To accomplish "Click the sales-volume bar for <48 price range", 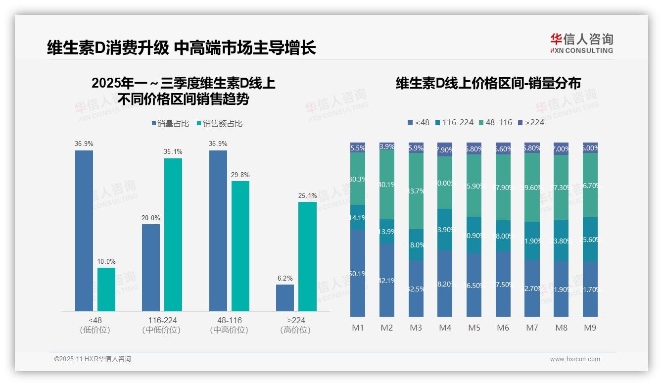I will pyautogui.click(x=84, y=231).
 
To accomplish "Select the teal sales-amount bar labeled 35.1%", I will pyautogui.click(x=173, y=235).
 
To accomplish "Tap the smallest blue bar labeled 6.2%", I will pyautogui.click(x=285, y=298).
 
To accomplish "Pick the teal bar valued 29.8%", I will pyautogui.click(x=240, y=246).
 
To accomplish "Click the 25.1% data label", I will pyautogui.click(x=307, y=196).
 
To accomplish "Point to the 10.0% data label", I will pyautogui.click(x=106, y=261).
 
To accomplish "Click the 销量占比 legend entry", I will pyautogui.click(x=170, y=124).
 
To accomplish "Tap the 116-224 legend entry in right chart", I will pyautogui.click(x=454, y=122).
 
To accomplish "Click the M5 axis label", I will pyautogui.click(x=474, y=328).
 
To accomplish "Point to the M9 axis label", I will pyautogui.click(x=590, y=328).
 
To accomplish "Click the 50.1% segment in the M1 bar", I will pyautogui.click(x=358, y=273).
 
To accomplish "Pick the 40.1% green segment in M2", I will pyautogui.click(x=387, y=185).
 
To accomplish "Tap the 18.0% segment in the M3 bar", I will pyautogui.click(x=416, y=244).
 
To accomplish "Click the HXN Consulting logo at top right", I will pyautogui.click(x=581, y=44).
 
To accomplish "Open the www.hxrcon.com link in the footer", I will pyautogui.click(x=575, y=359).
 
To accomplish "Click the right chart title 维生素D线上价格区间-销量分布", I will pyautogui.click(x=488, y=83).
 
